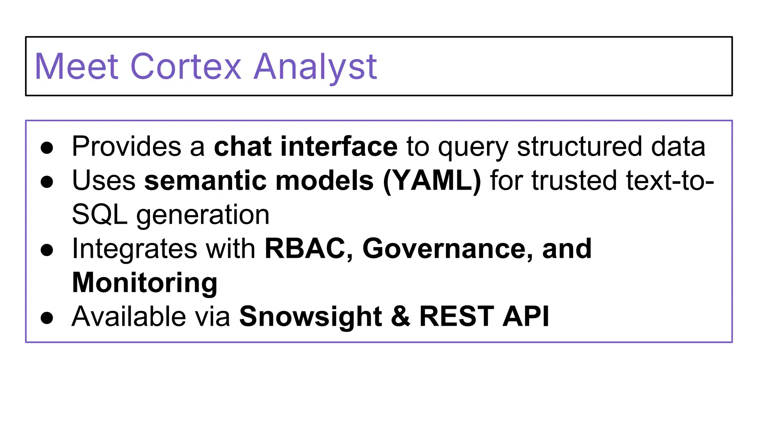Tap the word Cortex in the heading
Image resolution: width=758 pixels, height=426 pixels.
click(186, 67)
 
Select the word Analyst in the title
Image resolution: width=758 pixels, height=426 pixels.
click(315, 67)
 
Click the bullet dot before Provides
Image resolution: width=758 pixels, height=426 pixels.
click(47, 148)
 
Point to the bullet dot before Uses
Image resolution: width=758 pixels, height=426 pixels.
click(47, 182)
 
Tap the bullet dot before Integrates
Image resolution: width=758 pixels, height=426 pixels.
click(47, 250)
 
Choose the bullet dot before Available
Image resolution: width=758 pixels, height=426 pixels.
click(47, 318)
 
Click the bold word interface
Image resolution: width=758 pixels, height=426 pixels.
click(339, 146)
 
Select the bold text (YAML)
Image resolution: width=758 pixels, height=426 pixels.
click(432, 181)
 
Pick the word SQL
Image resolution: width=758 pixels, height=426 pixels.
click(100, 215)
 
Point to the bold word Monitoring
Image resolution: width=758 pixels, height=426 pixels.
click(145, 283)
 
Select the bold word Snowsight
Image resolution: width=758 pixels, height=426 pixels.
click(311, 317)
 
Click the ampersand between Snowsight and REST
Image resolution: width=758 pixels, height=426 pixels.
click(400, 317)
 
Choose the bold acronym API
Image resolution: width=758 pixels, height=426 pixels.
click(526, 317)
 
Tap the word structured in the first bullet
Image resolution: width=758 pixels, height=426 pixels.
click(579, 146)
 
